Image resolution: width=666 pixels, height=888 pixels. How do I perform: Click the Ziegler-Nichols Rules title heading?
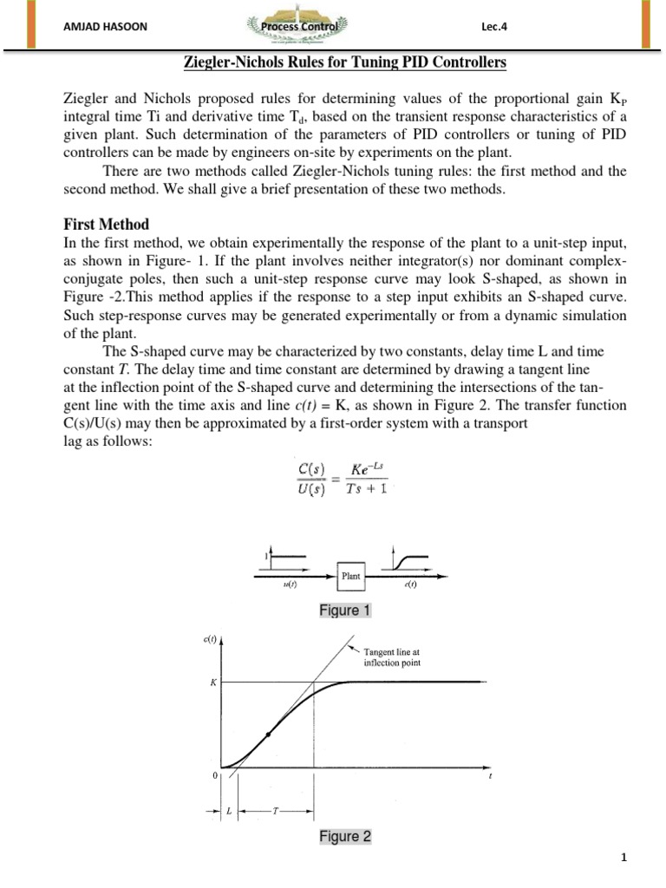point(332,64)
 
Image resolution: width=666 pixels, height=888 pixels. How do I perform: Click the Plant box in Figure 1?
point(351,574)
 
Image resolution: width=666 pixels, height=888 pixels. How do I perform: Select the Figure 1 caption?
point(344,610)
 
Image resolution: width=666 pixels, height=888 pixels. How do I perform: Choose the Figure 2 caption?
point(344,836)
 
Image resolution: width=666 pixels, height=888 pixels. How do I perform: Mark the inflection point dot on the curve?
point(268,735)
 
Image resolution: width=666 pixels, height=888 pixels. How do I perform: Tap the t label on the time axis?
point(490,776)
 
